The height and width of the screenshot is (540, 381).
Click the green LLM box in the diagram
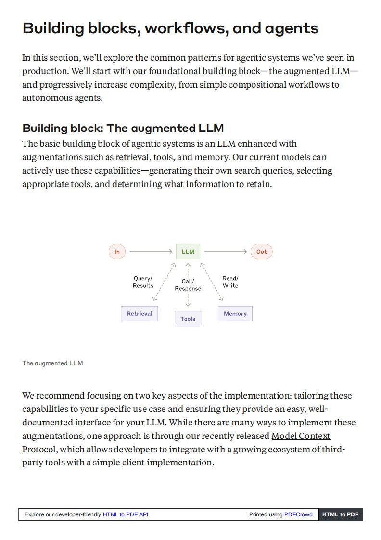[188, 252]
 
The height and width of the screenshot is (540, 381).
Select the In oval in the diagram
[117, 252]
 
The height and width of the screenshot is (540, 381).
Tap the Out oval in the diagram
[261, 252]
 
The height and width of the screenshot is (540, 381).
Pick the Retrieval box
[139, 314]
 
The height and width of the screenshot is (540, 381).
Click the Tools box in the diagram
[188, 319]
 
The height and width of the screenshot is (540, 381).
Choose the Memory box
[235, 314]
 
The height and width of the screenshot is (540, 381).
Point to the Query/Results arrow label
[143, 282]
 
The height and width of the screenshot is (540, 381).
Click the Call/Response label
[188, 285]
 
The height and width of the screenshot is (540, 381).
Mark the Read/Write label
[230, 282]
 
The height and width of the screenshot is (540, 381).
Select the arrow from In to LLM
[151, 252]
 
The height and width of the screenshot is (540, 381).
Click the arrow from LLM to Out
[225, 252]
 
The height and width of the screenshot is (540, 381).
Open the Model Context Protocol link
[301, 436]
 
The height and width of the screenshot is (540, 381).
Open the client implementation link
[167, 463]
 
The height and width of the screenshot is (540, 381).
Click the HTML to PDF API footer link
[126, 514]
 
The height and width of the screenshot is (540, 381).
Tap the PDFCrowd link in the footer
[298, 514]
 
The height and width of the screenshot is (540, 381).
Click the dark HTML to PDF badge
[340, 514]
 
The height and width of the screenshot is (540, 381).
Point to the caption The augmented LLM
[52, 363]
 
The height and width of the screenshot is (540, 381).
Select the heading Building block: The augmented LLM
[123, 129]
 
